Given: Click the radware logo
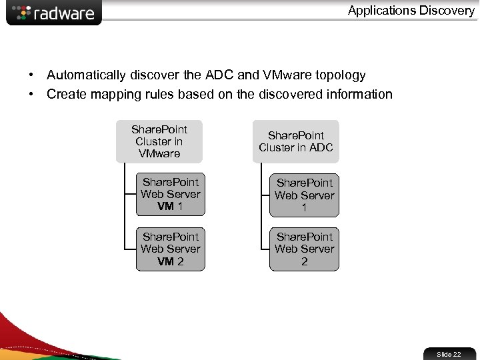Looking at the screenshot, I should (x=54, y=13).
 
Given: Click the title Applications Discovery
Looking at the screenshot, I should (x=411, y=10).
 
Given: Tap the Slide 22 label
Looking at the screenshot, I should (x=448, y=354).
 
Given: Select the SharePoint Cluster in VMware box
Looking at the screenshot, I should (x=159, y=141).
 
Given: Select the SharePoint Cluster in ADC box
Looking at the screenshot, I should (x=295, y=141).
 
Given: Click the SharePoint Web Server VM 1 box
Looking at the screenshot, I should (x=171, y=194).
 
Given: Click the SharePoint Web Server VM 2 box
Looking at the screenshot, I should (x=171, y=249).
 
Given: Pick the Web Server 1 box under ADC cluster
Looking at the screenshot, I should (x=304, y=195).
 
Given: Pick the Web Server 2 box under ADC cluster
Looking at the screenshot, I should (x=304, y=249).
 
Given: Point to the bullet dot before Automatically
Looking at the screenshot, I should (x=31, y=75).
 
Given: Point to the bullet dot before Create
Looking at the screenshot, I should (x=31, y=94).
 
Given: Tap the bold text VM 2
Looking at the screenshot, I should (x=171, y=261).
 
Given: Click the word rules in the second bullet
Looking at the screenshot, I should (x=163, y=94).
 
